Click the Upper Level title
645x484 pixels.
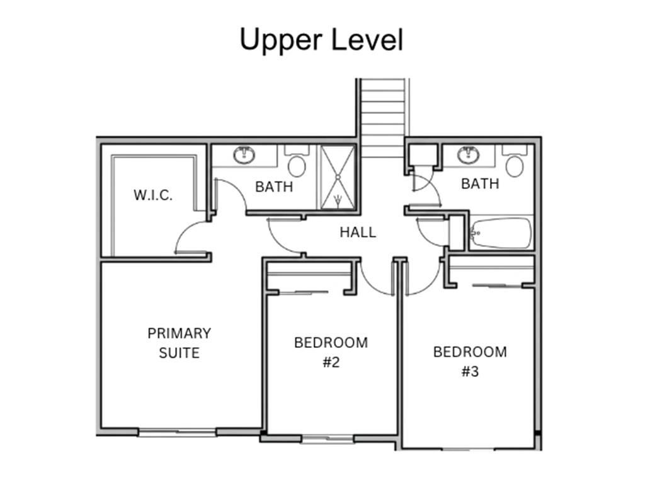[321, 40]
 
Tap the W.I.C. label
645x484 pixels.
[153, 195]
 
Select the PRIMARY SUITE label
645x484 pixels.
[180, 343]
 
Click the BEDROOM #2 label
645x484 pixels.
[331, 352]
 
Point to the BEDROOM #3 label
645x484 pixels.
[470, 362]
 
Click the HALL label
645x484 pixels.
[358, 233]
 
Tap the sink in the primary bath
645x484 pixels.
[244, 155]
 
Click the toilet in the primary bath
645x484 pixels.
[297, 162]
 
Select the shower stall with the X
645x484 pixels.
[338, 177]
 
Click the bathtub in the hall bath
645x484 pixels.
[501, 233]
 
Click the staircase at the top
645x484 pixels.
[382, 118]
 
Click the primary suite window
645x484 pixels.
[177, 432]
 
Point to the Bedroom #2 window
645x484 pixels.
[328, 439]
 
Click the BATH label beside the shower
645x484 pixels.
[274, 187]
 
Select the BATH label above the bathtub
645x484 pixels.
[480, 183]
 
